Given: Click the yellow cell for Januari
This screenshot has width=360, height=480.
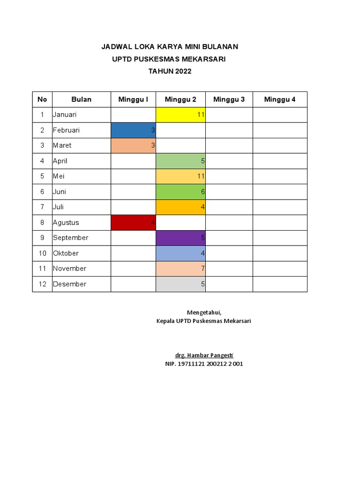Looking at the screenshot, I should [180, 115].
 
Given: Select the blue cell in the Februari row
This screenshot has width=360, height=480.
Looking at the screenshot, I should [133, 130].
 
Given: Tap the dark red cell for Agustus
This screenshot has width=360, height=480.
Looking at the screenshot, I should [133, 223].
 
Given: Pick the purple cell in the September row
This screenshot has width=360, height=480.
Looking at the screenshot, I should [180, 238].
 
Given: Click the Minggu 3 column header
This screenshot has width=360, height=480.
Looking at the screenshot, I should [229, 99].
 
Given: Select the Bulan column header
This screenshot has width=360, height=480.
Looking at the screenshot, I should [81, 99].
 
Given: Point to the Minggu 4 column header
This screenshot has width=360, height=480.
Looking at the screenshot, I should [280, 99].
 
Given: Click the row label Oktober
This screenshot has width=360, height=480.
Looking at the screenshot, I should [66, 253].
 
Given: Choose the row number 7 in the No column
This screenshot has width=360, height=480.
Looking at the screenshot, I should [42, 207].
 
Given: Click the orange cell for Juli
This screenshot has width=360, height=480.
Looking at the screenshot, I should [180, 207].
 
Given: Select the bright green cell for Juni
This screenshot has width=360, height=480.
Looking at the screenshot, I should [180, 192].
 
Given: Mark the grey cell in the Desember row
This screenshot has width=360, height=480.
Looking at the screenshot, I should [180, 284].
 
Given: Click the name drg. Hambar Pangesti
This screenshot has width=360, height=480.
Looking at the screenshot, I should [204, 355].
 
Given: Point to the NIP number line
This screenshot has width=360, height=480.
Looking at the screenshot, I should [204, 364].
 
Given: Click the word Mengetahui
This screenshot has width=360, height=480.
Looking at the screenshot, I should [204, 313].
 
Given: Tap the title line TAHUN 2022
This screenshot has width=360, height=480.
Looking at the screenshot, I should [170, 71].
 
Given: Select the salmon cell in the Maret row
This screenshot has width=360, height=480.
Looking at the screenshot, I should [133, 145].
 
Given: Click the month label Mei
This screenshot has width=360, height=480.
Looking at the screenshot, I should [58, 176].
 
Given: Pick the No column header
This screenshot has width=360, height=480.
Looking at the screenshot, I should [42, 99].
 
